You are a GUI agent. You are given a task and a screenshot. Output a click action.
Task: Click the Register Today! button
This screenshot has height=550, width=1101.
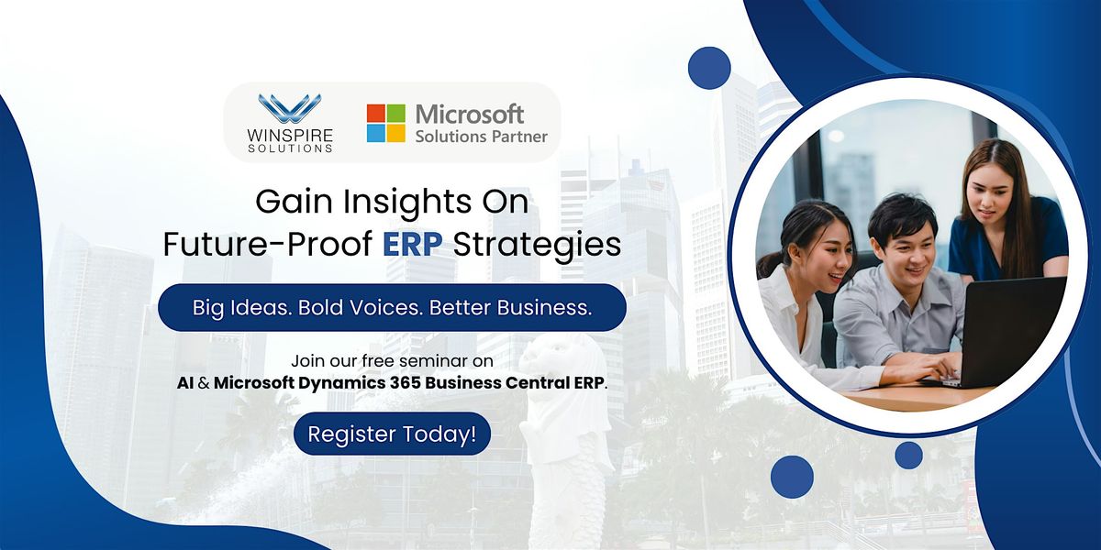click(392, 434)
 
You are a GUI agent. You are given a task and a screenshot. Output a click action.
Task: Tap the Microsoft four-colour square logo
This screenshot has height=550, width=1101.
click(386, 123)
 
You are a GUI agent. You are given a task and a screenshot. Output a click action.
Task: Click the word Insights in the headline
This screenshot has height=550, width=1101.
click(392, 202)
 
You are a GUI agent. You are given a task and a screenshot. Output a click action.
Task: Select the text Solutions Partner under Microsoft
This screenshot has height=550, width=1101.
click(482, 137)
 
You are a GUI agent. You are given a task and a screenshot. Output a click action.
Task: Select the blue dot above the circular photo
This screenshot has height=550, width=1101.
click(709, 68)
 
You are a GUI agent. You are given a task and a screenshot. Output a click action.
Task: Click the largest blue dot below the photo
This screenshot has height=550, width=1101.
click(792, 477)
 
